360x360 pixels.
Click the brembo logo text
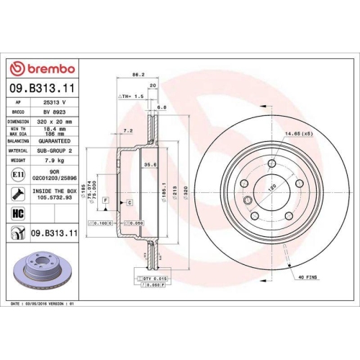(x=47, y=68)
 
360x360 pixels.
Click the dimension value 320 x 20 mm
(x=54, y=122)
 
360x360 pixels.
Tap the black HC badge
(x=17, y=213)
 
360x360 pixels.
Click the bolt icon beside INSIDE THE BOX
(x=17, y=194)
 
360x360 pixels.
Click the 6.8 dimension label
(x=161, y=107)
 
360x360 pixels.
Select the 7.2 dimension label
(x=128, y=130)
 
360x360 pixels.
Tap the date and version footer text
(x=43, y=305)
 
